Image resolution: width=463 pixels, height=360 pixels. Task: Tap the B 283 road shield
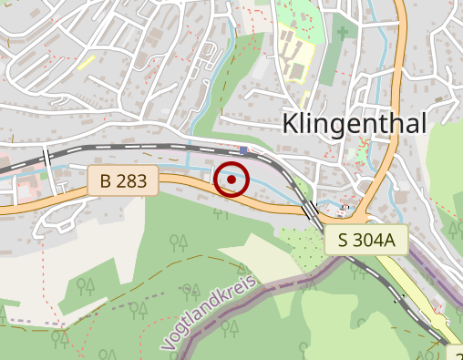pos(124,180)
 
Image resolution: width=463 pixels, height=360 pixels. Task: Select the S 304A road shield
pos(365,241)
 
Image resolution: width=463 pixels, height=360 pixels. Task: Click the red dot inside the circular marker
pos(232,180)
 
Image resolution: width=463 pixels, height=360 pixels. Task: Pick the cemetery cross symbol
pos(343,34)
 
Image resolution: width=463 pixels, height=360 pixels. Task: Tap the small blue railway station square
pos(244,149)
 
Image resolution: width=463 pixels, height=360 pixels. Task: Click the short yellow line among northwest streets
pos(87,63)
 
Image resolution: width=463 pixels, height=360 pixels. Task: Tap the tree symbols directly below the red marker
pos(221,213)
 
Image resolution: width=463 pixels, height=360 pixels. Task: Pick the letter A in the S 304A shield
pos(393,241)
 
